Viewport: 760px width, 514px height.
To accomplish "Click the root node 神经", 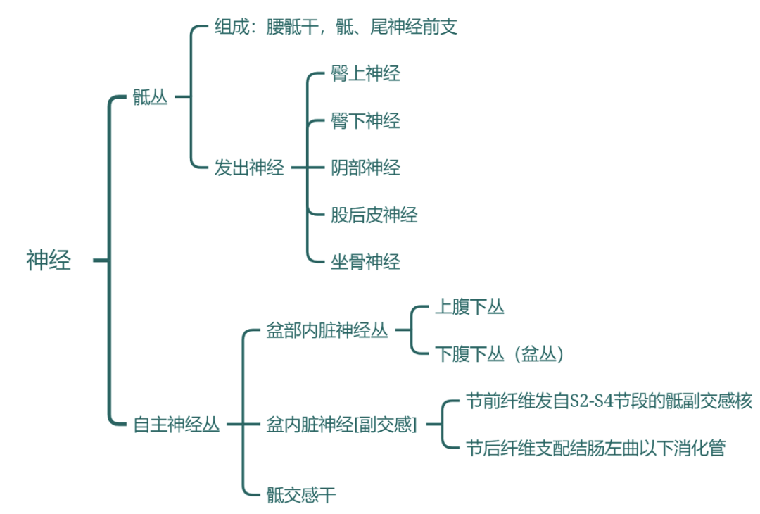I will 49,261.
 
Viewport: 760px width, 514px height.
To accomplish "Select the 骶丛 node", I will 151,97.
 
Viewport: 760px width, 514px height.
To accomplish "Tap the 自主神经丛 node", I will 177,425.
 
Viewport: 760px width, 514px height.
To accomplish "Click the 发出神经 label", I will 249,168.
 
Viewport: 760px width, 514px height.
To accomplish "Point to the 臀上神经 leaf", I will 365,73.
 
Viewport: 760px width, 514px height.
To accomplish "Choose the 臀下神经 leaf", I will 365,120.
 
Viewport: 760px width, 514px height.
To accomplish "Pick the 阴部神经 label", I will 365,168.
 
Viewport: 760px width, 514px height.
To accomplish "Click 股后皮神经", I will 374,215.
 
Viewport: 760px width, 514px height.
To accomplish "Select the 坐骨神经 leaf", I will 365,262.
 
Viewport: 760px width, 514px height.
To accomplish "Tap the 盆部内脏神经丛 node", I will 327,330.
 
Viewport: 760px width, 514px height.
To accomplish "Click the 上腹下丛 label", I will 469,306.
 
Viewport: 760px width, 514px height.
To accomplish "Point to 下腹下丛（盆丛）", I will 500,353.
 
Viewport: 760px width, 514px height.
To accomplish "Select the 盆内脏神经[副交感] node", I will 342,425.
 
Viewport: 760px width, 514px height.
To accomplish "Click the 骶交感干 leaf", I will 301,495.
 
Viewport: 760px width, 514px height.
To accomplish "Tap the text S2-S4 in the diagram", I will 589,401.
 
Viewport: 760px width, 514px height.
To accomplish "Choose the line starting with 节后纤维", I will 595,448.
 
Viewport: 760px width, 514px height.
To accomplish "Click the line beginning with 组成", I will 336,27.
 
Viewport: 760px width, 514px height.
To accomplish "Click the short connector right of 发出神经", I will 298,168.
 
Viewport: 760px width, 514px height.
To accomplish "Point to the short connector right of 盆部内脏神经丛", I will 402,330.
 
